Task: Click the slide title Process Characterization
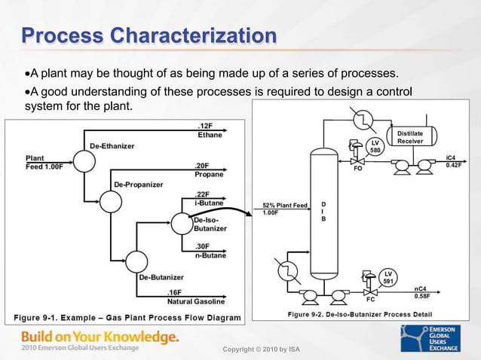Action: [148, 35]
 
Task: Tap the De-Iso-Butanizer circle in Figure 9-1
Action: [181, 223]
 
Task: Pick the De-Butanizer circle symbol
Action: [136, 261]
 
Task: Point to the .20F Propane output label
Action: [210, 169]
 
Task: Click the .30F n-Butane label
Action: [210, 251]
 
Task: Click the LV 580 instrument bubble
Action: [375, 147]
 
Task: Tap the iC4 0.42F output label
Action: [453, 160]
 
